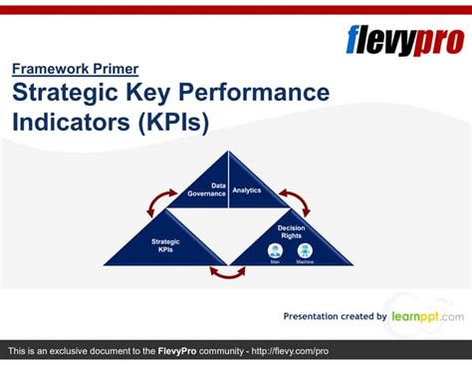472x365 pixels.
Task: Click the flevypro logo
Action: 403,40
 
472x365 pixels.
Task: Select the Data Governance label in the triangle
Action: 207,188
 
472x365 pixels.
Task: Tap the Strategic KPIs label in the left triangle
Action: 165,244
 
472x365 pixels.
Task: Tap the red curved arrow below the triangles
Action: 227,272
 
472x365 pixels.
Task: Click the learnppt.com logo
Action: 426,316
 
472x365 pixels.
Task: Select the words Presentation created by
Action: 335,317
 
